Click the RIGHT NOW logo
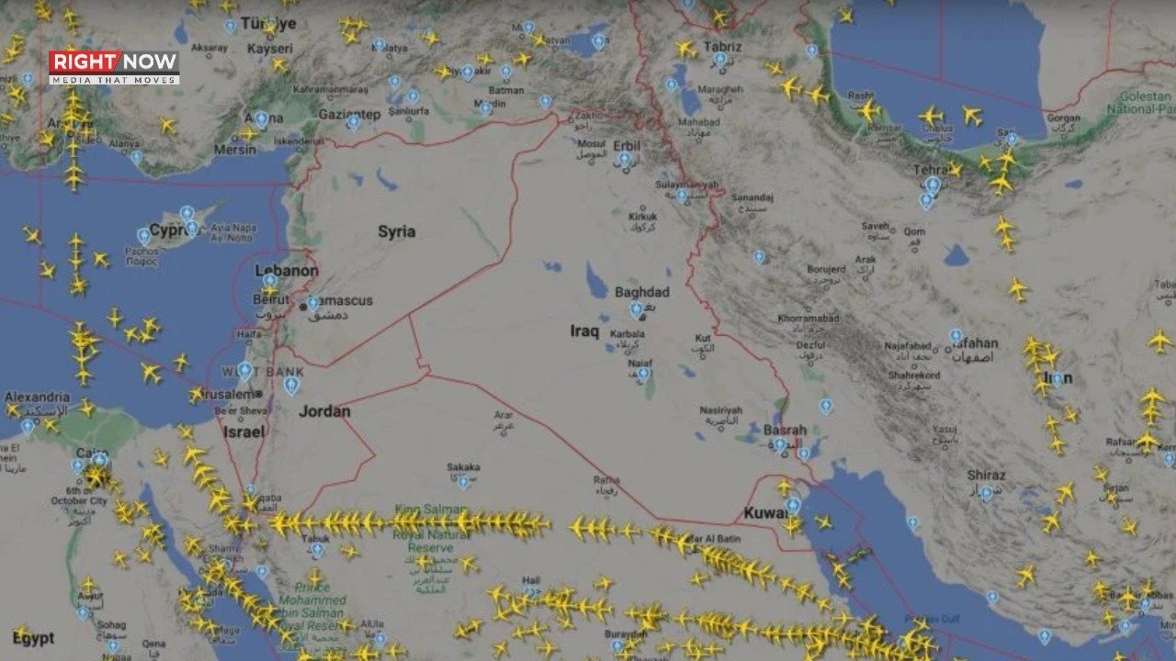(x=114, y=67)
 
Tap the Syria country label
(x=397, y=231)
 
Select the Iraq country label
(x=584, y=330)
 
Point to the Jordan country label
(x=324, y=410)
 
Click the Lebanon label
(x=287, y=271)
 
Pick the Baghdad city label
(x=642, y=292)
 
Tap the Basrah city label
(x=786, y=430)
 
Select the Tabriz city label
(x=721, y=45)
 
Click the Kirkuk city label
(x=642, y=216)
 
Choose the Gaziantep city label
(x=349, y=114)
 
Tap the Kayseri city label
(x=270, y=48)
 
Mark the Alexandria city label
(x=37, y=397)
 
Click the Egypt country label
(x=33, y=638)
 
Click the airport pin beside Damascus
(x=312, y=302)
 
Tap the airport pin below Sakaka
(x=463, y=481)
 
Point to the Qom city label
(x=914, y=231)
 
